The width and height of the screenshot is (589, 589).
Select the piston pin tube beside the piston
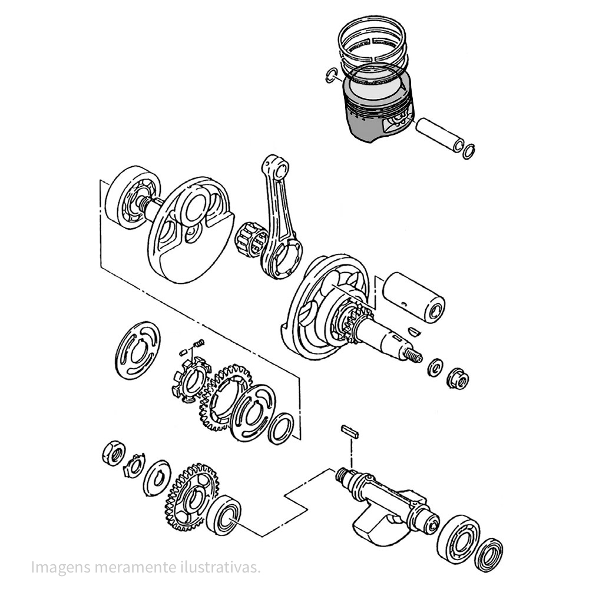pos(439,135)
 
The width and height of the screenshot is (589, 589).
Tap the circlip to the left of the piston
pos(330,75)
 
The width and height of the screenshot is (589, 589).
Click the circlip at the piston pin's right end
pos(469,151)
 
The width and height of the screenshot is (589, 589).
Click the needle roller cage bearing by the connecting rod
pos(250,239)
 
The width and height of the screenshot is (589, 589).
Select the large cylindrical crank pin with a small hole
pos(413,297)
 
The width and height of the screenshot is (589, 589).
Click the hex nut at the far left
pos(114,453)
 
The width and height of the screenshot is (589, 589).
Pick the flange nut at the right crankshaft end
pos(458,378)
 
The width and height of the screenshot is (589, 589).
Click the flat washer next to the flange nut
pos(435,368)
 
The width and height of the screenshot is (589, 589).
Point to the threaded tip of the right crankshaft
pos(413,355)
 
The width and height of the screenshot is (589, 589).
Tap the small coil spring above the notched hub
pos(200,343)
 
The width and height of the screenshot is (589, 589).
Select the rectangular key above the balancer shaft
pos(349,432)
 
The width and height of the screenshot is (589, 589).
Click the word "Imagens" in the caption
pos(61,567)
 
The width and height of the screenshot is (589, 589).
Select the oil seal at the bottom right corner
pos(488,555)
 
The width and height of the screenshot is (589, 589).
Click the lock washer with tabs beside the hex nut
pos(134,466)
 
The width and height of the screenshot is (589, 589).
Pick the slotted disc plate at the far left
pos(137,350)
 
